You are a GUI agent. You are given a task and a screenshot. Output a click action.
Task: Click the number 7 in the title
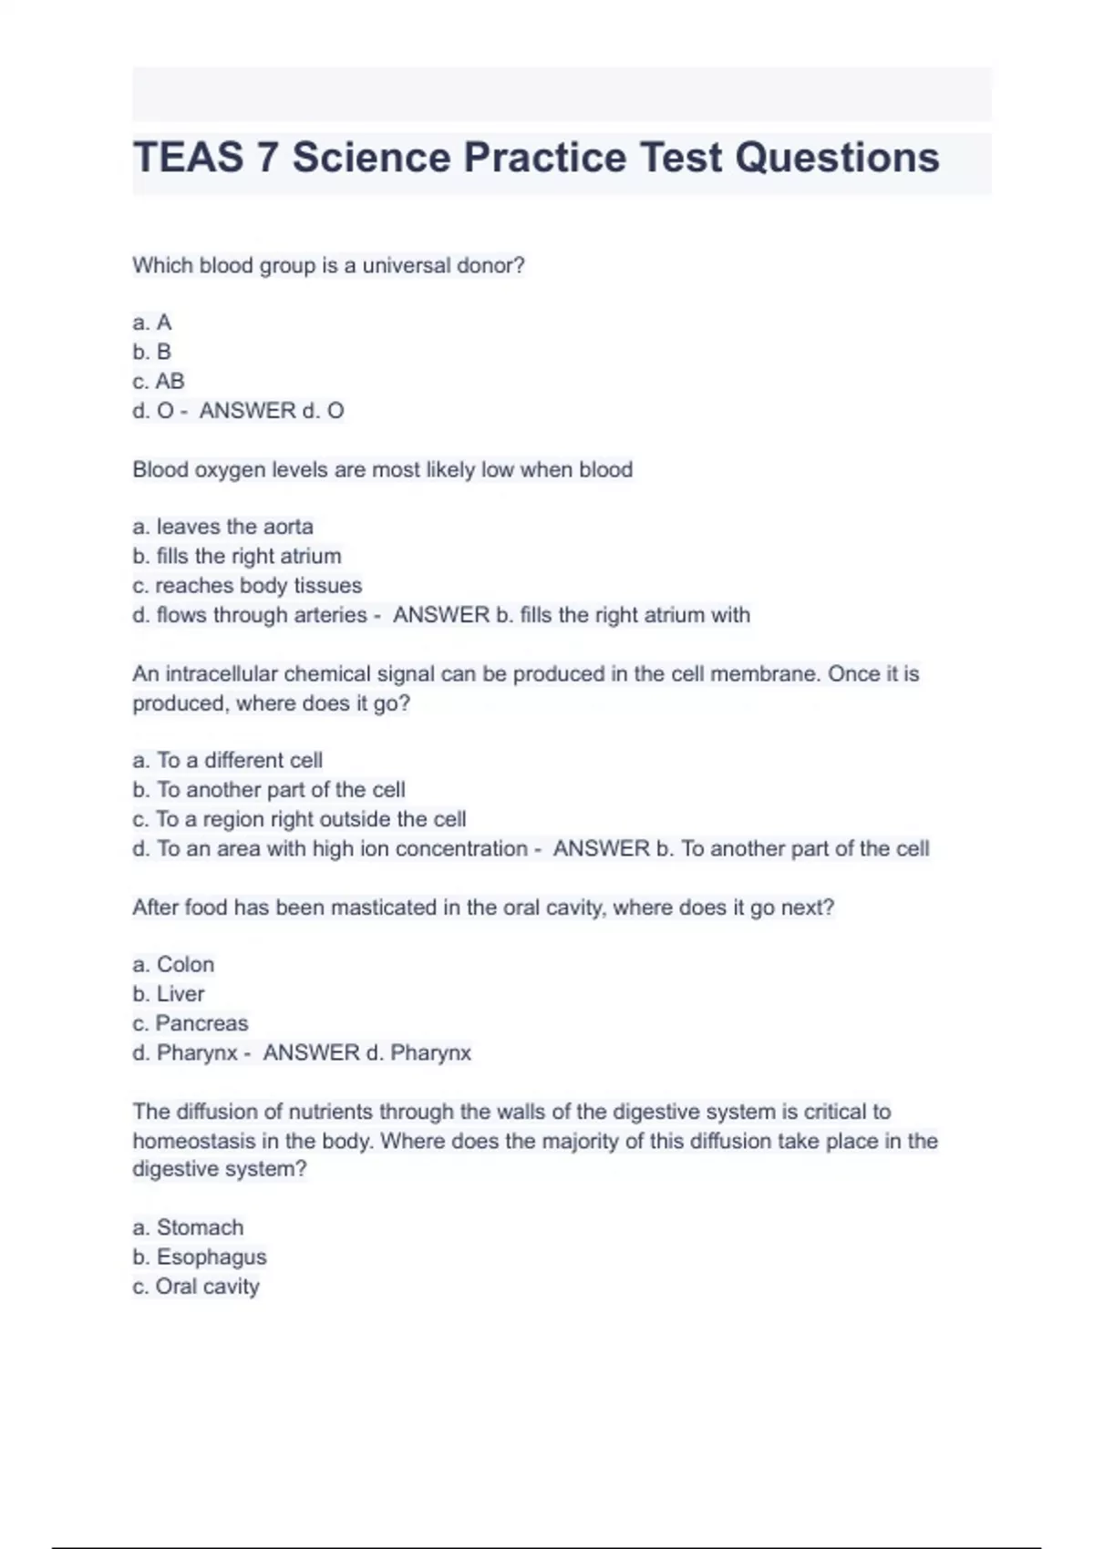[266, 158]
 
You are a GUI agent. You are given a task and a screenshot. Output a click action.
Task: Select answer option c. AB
[159, 381]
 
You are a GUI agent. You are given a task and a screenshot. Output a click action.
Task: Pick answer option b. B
[152, 352]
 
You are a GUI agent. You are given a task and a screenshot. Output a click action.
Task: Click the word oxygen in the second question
[230, 470]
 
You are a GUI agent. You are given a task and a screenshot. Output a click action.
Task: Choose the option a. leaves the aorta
[222, 527]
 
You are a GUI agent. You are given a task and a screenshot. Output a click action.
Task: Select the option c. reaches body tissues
[247, 585]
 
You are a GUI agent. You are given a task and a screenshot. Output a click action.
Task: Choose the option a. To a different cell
[227, 760]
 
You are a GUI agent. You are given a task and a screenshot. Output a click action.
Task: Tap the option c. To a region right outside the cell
[299, 819]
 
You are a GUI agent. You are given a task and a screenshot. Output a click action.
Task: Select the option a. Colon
[173, 964]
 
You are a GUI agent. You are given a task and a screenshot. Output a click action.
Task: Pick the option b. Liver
[169, 994]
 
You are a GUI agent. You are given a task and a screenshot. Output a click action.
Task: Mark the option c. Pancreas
[191, 1023]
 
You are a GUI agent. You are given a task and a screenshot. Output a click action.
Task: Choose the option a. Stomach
[188, 1227]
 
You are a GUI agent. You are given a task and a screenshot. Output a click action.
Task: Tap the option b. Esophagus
[200, 1257]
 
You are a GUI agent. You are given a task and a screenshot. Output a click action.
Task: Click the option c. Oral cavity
[196, 1287]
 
